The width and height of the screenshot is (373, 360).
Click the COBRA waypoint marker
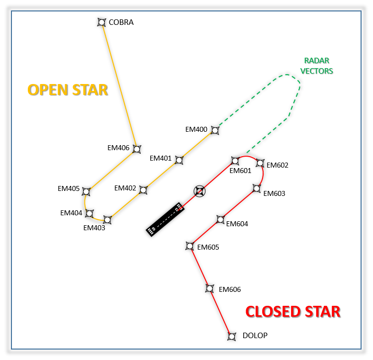[102, 22]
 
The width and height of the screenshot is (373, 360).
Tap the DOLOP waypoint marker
[231, 336]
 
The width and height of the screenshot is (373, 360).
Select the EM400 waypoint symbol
[215, 130]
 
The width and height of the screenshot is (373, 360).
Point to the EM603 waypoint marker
[257, 188]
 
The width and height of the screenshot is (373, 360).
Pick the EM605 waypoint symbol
[189, 246]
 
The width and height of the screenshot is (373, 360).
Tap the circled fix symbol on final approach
[199, 191]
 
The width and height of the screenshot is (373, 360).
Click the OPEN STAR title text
[68, 90]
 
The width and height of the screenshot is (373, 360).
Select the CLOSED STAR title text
[293, 312]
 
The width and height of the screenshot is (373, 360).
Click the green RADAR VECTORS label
[317, 66]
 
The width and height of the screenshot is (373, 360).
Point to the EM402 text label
[125, 188]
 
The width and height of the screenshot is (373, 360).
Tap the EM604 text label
[237, 224]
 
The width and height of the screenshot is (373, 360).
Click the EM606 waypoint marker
[210, 288]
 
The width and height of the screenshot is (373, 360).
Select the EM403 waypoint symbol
[107, 219]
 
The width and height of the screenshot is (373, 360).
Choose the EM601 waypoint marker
[235, 161]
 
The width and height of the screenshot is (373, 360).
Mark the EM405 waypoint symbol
[86, 191]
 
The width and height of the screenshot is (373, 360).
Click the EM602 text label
[278, 165]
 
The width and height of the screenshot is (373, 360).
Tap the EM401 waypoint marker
[179, 160]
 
